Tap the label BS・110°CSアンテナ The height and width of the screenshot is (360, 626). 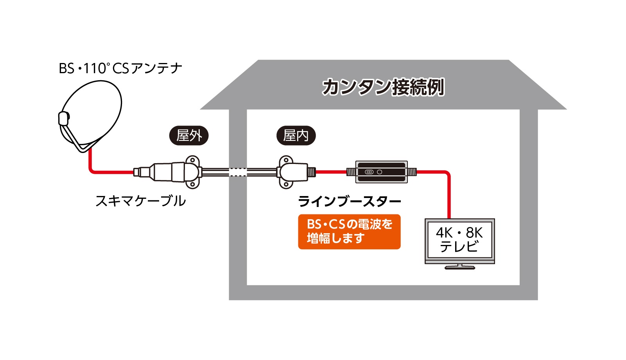pyautogui.click(x=120, y=68)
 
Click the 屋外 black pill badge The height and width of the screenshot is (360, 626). pyautogui.click(x=189, y=136)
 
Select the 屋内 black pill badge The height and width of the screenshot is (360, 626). pyautogui.click(x=296, y=136)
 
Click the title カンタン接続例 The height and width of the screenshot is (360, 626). pyautogui.click(x=383, y=87)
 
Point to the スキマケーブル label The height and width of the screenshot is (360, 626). pyautogui.click(x=140, y=201)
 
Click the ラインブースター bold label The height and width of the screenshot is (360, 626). pyautogui.click(x=349, y=202)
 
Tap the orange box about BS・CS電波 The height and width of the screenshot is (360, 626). pyautogui.click(x=349, y=232)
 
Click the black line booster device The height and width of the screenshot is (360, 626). pyautogui.click(x=381, y=172)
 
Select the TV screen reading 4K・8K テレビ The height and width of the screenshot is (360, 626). pyautogui.click(x=459, y=240)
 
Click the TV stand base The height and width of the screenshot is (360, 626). pyautogui.click(x=460, y=268)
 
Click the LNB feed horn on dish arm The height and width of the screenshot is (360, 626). pyautogui.click(x=64, y=118)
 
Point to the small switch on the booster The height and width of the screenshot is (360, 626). pyautogui.click(x=369, y=172)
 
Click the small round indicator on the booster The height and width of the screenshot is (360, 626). pyautogui.click(x=379, y=172)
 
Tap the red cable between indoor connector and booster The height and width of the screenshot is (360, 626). pyautogui.click(x=331, y=172)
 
